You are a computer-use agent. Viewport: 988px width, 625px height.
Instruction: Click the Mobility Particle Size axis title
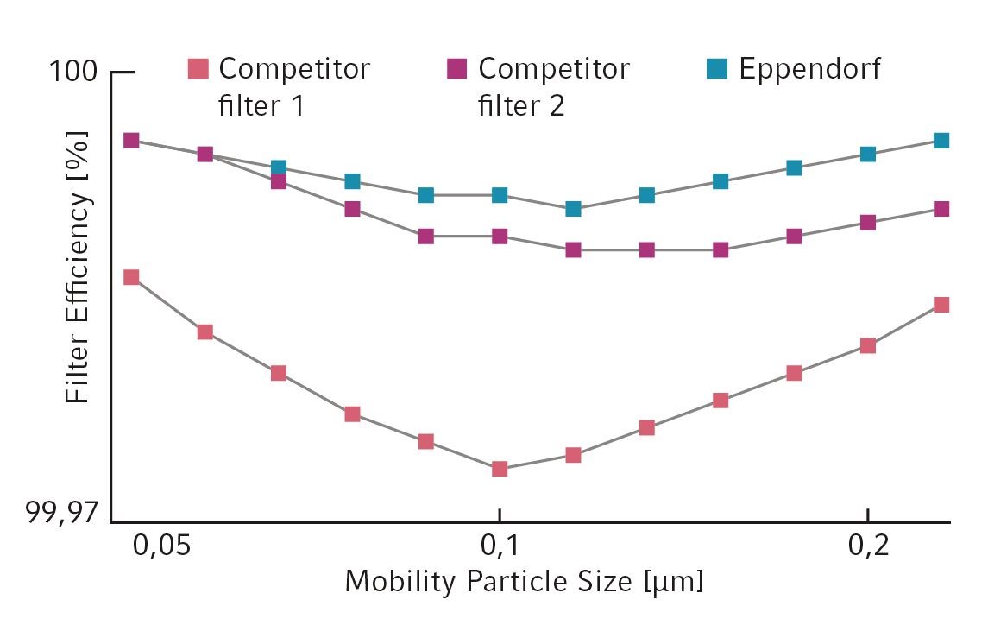point(524,582)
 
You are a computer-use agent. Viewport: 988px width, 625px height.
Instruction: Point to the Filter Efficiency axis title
point(79,268)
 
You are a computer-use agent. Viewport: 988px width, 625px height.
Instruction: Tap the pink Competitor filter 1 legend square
point(198,67)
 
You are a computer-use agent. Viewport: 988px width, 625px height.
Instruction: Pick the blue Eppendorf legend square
point(717,67)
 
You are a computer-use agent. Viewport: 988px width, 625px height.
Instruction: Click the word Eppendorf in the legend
point(809,69)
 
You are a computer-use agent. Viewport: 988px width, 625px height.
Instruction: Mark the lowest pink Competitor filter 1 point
point(499,469)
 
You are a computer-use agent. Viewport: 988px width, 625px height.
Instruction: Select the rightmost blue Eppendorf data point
point(941,141)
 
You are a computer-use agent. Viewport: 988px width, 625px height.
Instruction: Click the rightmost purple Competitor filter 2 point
point(941,209)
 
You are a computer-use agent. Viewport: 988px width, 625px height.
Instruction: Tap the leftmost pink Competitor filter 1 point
point(131,277)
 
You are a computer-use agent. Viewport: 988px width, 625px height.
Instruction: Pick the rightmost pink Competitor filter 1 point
point(941,305)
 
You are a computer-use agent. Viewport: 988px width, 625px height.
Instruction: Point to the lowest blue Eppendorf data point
point(573,209)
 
